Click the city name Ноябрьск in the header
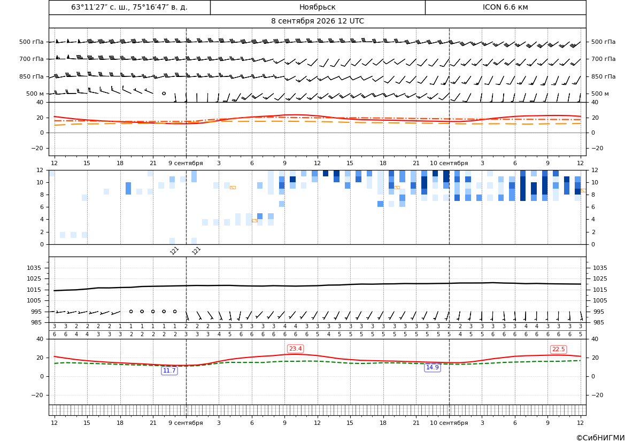317,7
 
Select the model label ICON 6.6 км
505,7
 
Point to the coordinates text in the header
129,7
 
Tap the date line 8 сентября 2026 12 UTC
317,21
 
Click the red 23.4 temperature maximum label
295,349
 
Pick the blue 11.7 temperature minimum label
169,371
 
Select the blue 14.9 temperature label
432,368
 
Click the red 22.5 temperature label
558,349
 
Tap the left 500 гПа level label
32,42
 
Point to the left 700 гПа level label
32,59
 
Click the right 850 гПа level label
604,76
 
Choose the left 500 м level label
35,94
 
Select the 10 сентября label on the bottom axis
449,423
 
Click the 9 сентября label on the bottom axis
186,423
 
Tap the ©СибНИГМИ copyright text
600,438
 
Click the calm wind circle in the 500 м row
164,93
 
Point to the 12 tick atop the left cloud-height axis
40,170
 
